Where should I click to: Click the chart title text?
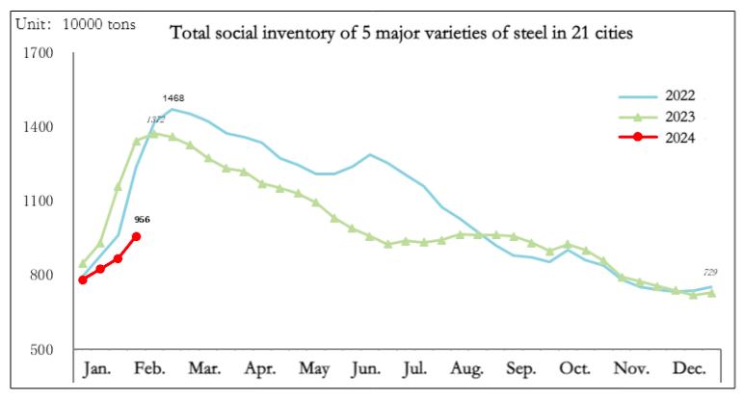pyautogui.click(x=401, y=34)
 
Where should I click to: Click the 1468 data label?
pyautogui.click(x=173, y=98)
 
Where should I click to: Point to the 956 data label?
pyautogui.click(x=141, y=220)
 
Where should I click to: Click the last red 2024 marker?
pyautogui.click(x=137, y=236)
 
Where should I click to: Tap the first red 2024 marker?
pyautogui.click(x=83, y=280)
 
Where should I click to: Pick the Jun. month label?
pyautogui.click(x=367, y=369)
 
